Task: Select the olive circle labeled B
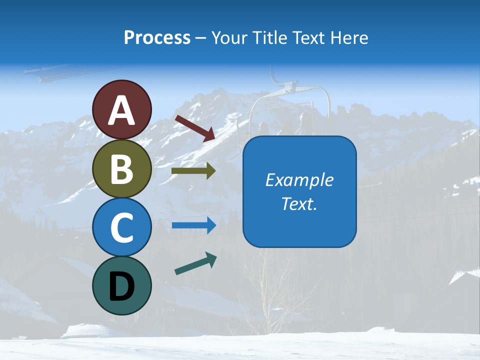(121, 168)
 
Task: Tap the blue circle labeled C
(121, 227)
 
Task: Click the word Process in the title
(157, 38)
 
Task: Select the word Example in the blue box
(299, 180)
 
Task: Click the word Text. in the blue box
(299, 203)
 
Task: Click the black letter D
(121, 286)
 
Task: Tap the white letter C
(121, 227)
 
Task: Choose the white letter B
(121, 169)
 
